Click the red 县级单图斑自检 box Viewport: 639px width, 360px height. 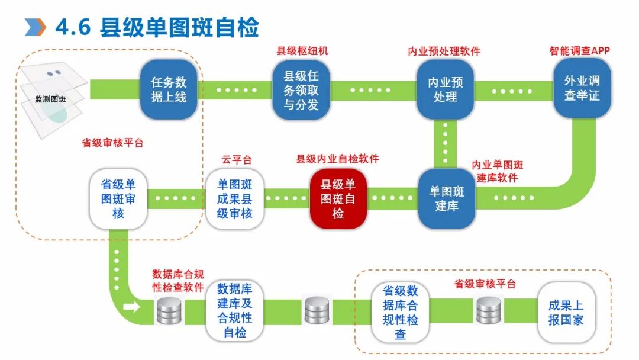(x=338, y=198)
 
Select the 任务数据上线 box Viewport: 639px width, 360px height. (x=169, y=89)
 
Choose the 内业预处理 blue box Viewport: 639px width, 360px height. (x=446, y=89)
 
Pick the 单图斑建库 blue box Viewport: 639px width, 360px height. (x=447, y=199)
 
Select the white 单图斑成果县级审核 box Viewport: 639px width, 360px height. (x=234, y=198)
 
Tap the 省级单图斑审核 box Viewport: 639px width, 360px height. (x=118, y=198)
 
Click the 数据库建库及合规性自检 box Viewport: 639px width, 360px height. (x=234, y=310)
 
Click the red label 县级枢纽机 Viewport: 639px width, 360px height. (x=302, y=51)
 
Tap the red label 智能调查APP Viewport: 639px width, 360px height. (x=579, y=51)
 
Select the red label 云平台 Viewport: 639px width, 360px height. (x=237, y=159)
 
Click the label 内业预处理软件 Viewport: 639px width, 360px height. (x=444, y=52)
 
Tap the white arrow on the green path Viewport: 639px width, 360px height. (x=132, y=307)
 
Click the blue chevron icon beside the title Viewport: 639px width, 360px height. (x=35, y=27)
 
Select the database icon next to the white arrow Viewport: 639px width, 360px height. (x=169, y=311)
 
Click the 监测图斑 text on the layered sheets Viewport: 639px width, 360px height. (x=50, y=99)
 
